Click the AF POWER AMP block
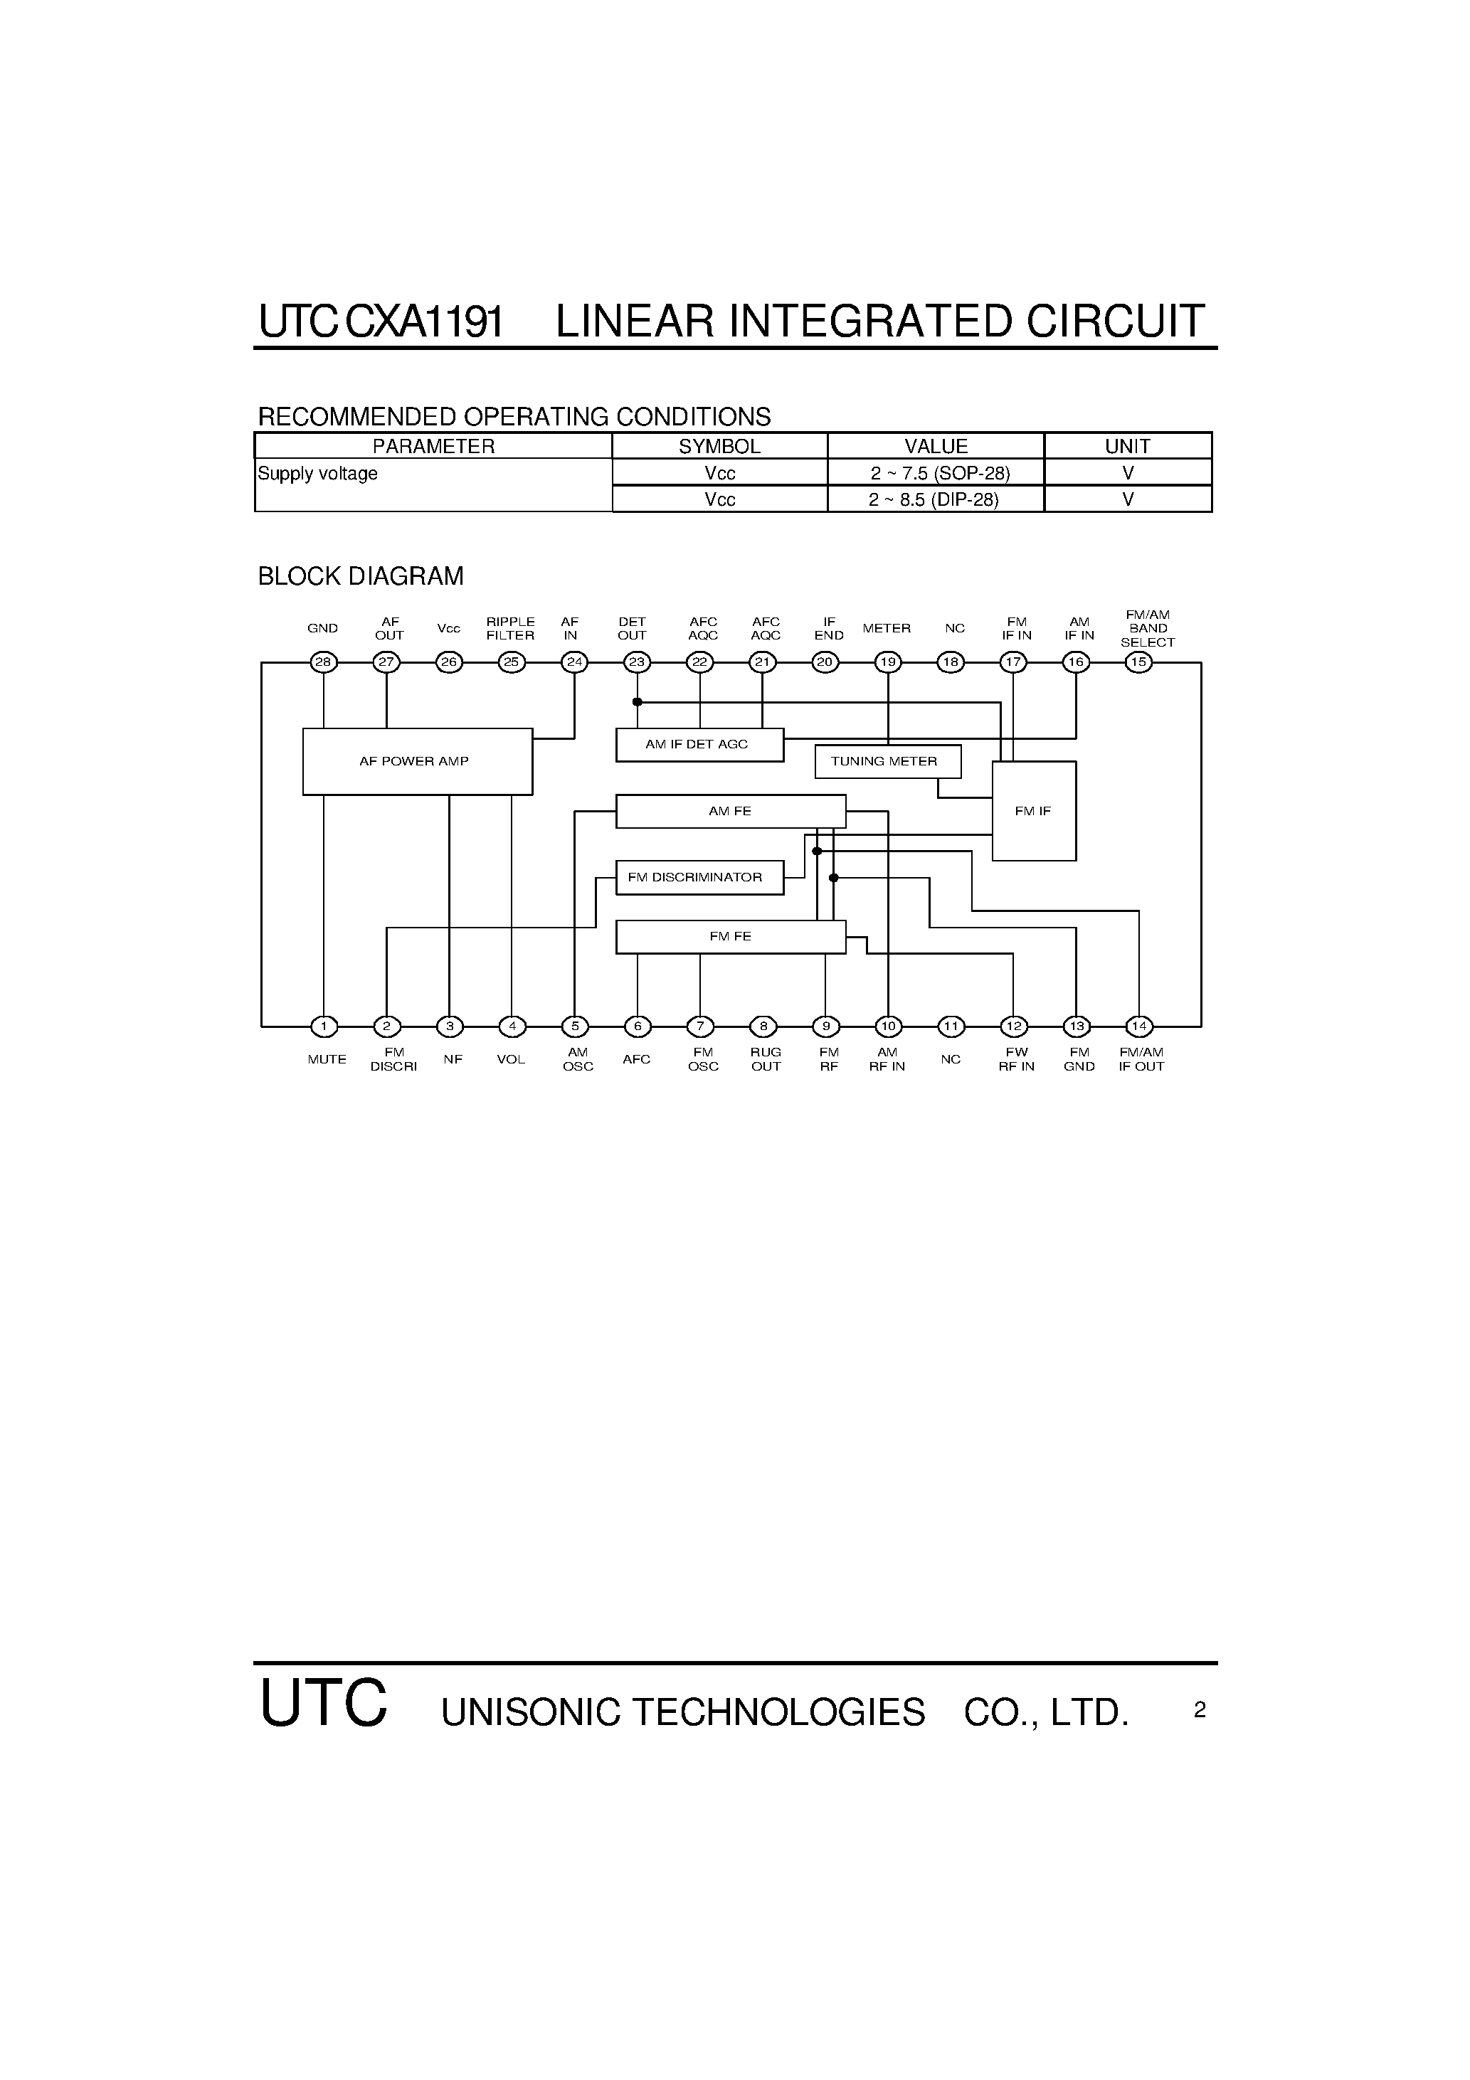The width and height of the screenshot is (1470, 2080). pos(417,761)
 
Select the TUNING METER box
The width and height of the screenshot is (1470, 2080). pos(887,761)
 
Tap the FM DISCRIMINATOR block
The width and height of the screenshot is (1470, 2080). pos(699,877)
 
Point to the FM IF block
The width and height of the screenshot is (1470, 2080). pos(1033,811)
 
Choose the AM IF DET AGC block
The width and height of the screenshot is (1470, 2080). pos(699,745)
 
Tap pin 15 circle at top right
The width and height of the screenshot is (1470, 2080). pos(1138,662)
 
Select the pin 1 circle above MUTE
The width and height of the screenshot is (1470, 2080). pos(324,1026)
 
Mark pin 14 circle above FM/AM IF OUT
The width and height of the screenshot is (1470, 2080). pos(1139,1026)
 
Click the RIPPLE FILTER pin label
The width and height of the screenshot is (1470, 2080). pos(510,629)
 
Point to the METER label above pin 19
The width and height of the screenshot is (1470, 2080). pos(887,628)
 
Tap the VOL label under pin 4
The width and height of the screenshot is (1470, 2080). pos(511,1059)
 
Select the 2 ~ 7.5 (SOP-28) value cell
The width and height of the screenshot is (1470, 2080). pos(936,473)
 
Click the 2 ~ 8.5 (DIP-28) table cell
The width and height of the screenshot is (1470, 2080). pos(936,499)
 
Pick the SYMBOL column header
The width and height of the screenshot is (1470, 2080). pos(719,446)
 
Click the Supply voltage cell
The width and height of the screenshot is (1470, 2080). pos(318,474)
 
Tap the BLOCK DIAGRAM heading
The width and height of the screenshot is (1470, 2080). pos(361,576)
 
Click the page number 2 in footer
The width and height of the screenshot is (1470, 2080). pos(1200,1709)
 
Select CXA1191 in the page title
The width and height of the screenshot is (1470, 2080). pos(424,322)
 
